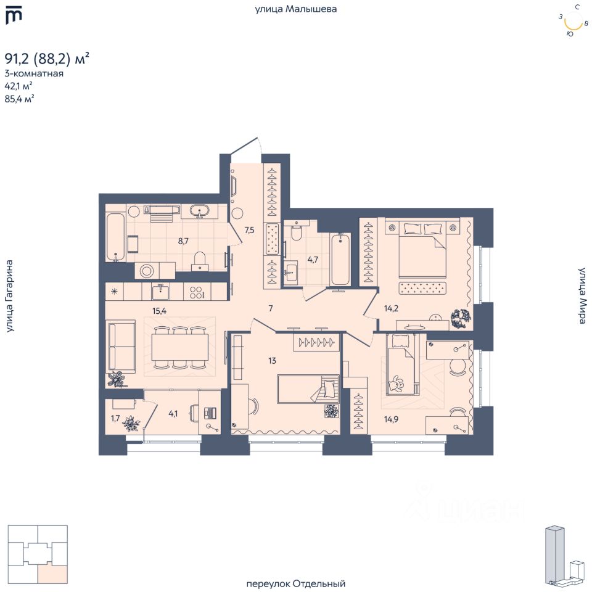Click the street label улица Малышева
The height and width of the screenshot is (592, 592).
(296, 9)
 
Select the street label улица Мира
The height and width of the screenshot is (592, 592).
(582, 296)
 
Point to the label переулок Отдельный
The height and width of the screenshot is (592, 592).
(295, 583)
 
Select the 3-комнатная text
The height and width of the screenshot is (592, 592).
(34, 73)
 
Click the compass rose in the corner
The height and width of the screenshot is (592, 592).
(573, 22)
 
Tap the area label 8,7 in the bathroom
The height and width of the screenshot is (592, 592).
(183, 241)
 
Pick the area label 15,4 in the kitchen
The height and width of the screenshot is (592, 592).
(160, 310)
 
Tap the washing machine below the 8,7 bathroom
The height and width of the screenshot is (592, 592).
(147, 271)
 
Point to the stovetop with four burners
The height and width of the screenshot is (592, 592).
(197, 292)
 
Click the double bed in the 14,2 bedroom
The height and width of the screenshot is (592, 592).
(422, 250)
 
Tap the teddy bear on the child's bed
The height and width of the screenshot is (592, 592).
(395, 385)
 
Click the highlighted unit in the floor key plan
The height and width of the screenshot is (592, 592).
(52, 574)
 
